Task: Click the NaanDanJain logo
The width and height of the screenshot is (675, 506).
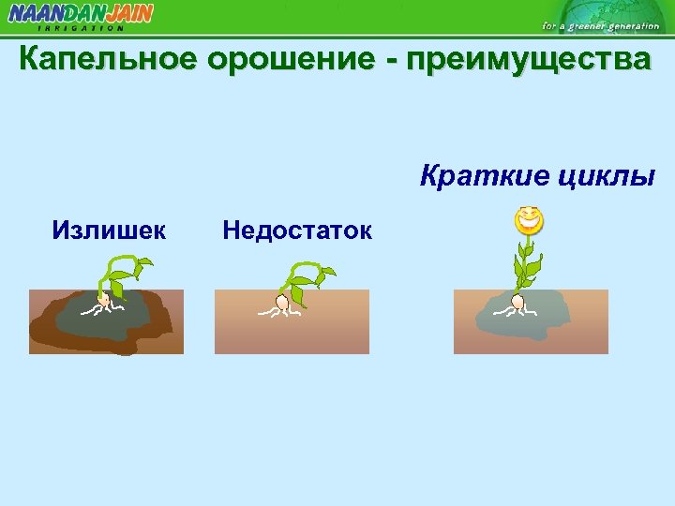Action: pos(81,14)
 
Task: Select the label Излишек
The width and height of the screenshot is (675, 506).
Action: pos(110,230)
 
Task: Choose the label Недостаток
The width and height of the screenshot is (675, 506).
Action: pos(297,230)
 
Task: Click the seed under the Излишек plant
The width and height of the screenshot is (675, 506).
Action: pos(106,302)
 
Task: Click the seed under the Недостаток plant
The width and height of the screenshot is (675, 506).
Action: pos(281,302)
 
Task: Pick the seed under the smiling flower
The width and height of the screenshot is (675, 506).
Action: pos(517,302)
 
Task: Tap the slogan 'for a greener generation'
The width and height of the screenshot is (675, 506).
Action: pos(600,26)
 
